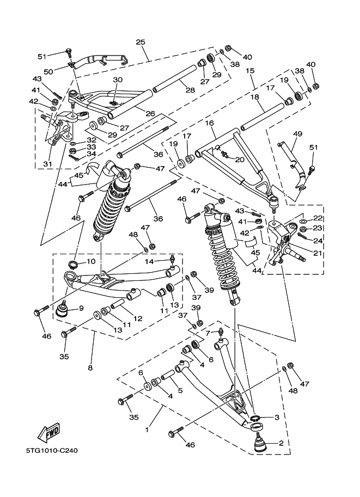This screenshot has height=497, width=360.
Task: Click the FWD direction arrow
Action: pyautogui.click(x=48, y=432)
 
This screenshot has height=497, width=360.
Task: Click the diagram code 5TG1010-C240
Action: pyautogui.click(x=52, y=450)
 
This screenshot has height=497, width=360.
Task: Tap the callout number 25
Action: pyautogui.click(x=141, y=42)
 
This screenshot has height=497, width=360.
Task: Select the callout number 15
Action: pyautogui.click(x=250, y=70)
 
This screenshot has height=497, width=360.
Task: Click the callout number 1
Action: pyautogui.click(x=147, y=430)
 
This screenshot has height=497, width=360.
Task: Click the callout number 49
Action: pyautogui.click(x=297, y=134)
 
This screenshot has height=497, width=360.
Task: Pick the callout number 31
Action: pyautogui.click(x=48, y=164)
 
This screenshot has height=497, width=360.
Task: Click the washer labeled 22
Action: pyautogui.click(x=303, y=221)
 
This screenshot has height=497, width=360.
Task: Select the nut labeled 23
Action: pyautogui.click(x=303, y=229)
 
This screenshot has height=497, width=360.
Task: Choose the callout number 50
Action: pyautogui.click(x=48, y=72)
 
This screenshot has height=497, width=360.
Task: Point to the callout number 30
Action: pyautogui.click(x=118, y=80)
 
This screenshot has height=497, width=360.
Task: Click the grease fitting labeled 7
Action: pyautogui.click(x=221, y=333)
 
